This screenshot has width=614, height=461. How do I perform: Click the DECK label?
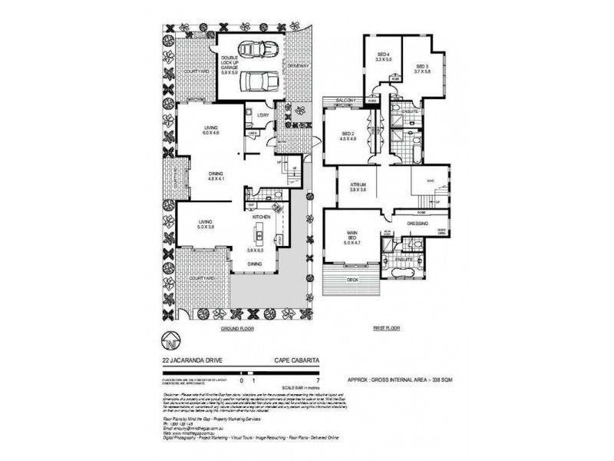click(353, 280)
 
